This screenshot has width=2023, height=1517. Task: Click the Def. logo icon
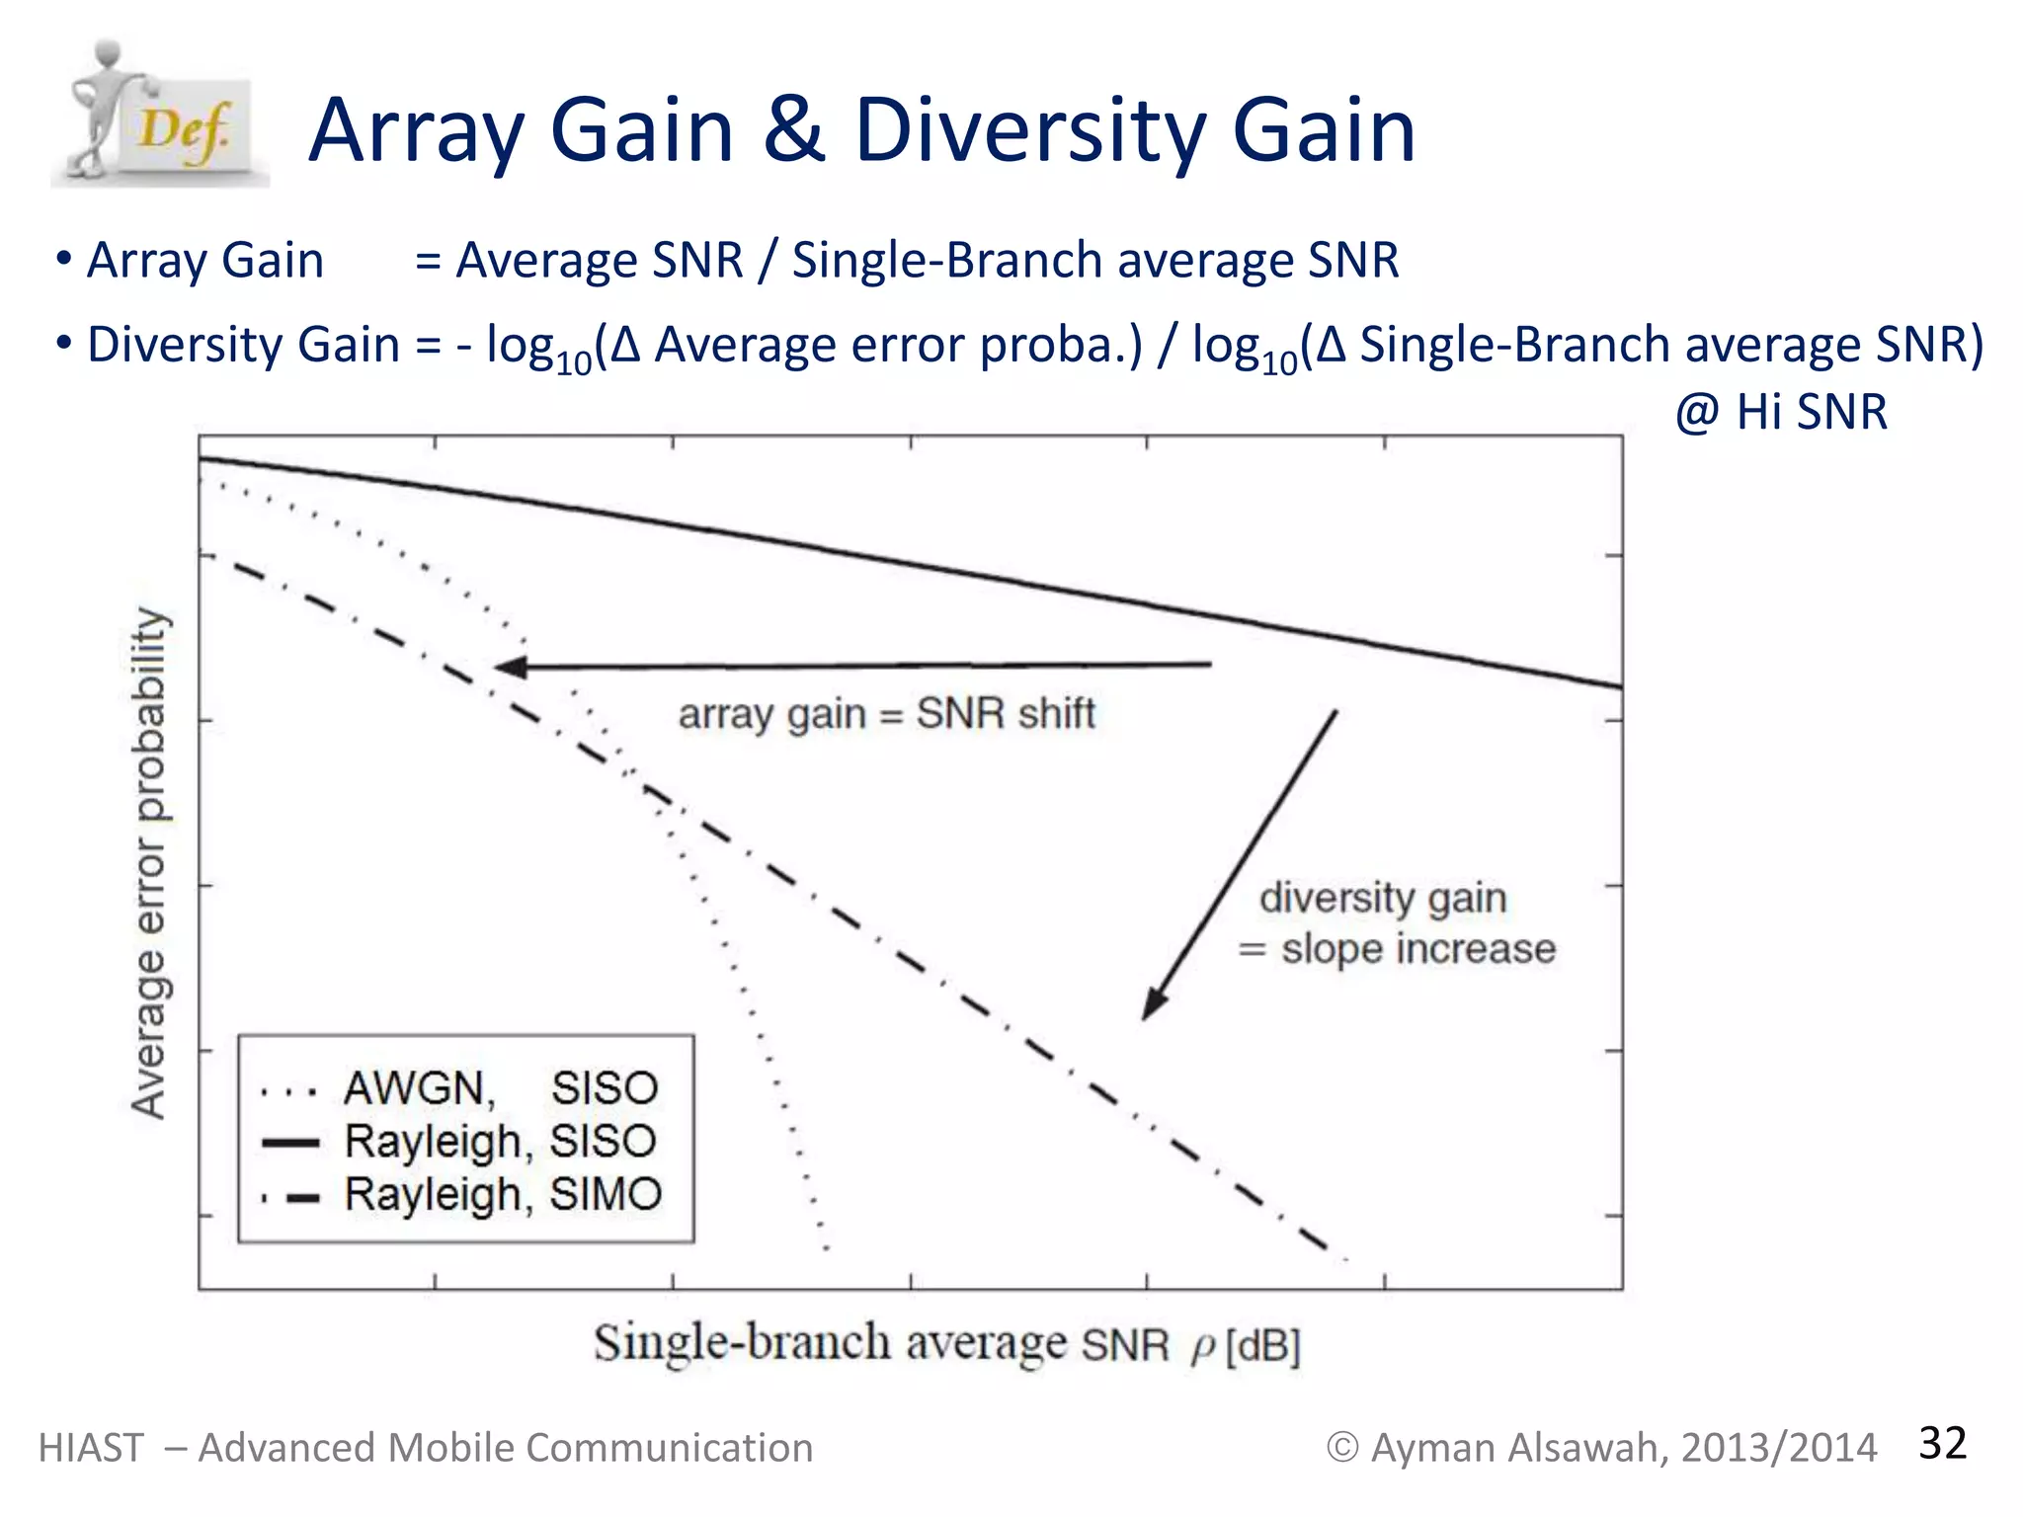(158, 117)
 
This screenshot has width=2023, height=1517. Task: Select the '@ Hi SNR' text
(1781, 412)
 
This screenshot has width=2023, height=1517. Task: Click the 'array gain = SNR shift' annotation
(886, 713)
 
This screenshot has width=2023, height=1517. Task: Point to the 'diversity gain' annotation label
(1382, 898)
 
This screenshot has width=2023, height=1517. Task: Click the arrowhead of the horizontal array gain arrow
(508, 667)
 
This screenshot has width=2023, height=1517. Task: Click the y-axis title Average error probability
(150, 862)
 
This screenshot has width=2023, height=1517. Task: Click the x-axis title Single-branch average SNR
(879, 1344)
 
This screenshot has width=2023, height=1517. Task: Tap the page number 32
(1942, 1443)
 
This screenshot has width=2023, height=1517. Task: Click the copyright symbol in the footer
(1341, 1448)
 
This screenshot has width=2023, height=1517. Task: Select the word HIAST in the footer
(91, 1448)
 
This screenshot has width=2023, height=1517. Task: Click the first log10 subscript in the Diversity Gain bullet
(574, 363)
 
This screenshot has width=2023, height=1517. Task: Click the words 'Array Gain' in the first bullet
(204, 261)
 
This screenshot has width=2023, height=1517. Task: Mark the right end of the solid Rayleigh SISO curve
(1618, 685)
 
